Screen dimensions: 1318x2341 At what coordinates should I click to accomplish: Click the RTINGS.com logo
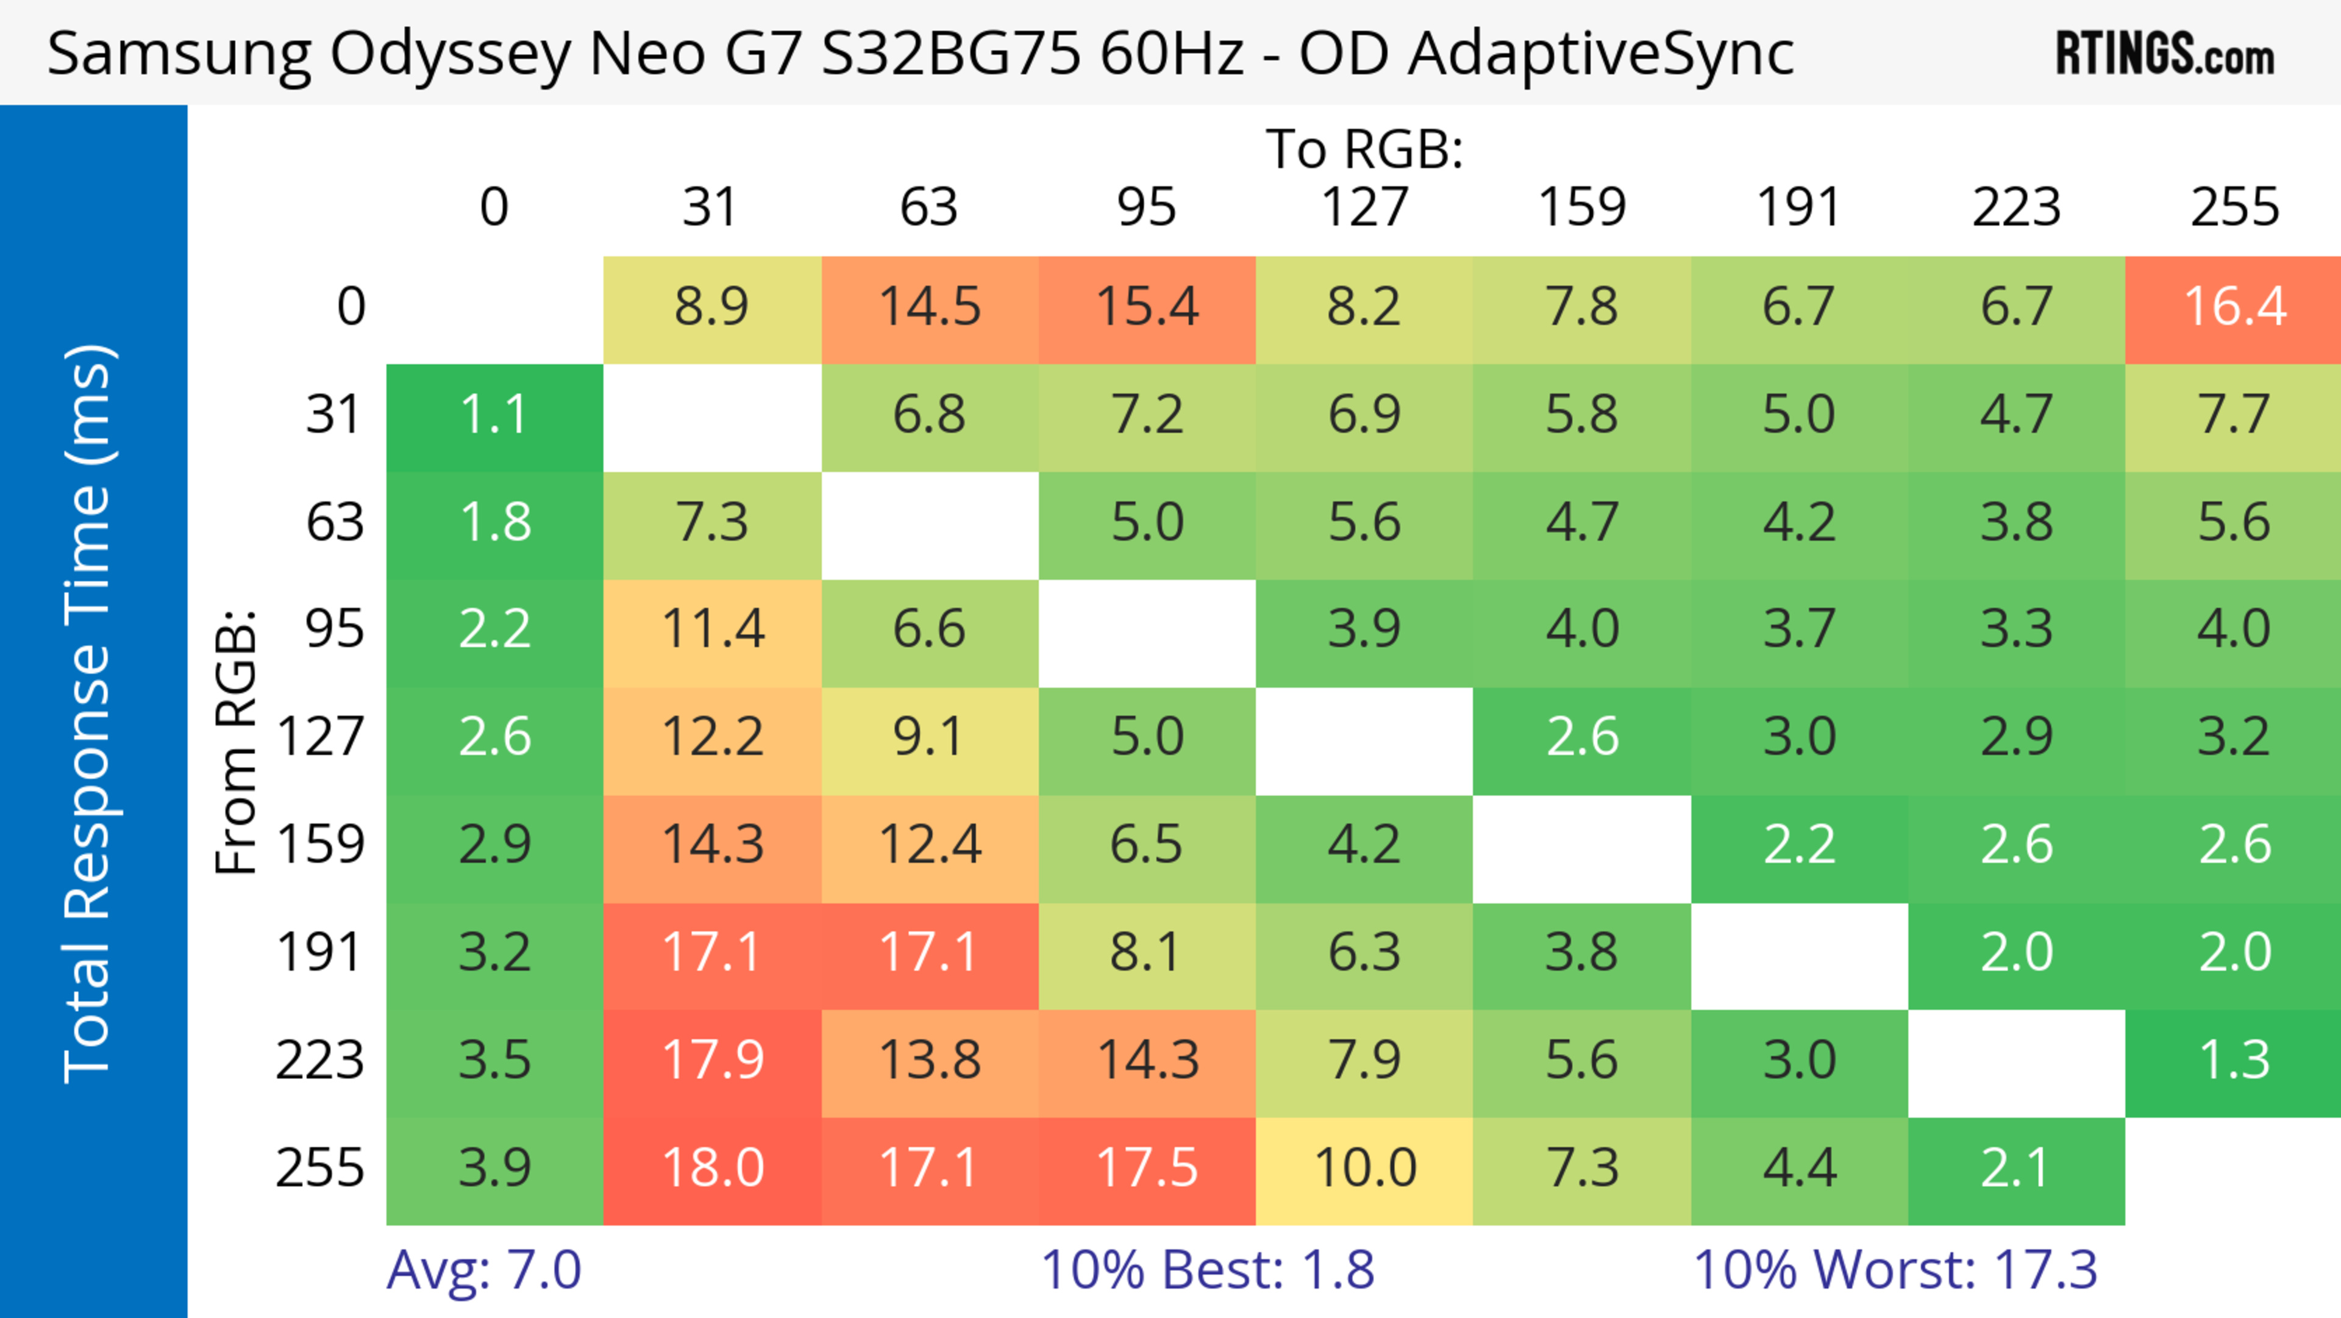[x=2165, y=54]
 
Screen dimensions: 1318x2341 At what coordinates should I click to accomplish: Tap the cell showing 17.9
[x=713, y=1061]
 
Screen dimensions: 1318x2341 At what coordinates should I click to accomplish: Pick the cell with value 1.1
[x=494, y=415]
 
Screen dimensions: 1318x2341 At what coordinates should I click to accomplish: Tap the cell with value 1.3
[x=2234, y=1061]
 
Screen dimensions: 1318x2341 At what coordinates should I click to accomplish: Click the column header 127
[x=1364, y=207]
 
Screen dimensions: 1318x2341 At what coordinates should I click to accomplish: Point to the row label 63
[x=335, y=523]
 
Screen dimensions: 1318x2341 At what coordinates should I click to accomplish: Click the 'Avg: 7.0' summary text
[x=483, y=1270]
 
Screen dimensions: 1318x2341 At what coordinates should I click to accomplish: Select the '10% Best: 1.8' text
[x=1207, y=1270]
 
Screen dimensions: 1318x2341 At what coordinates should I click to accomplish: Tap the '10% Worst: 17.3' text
[x=1895, y=1270]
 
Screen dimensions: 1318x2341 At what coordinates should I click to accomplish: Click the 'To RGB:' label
[x=1364, y=149]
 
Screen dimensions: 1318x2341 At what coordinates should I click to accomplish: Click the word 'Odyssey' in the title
[x=450, y=54]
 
